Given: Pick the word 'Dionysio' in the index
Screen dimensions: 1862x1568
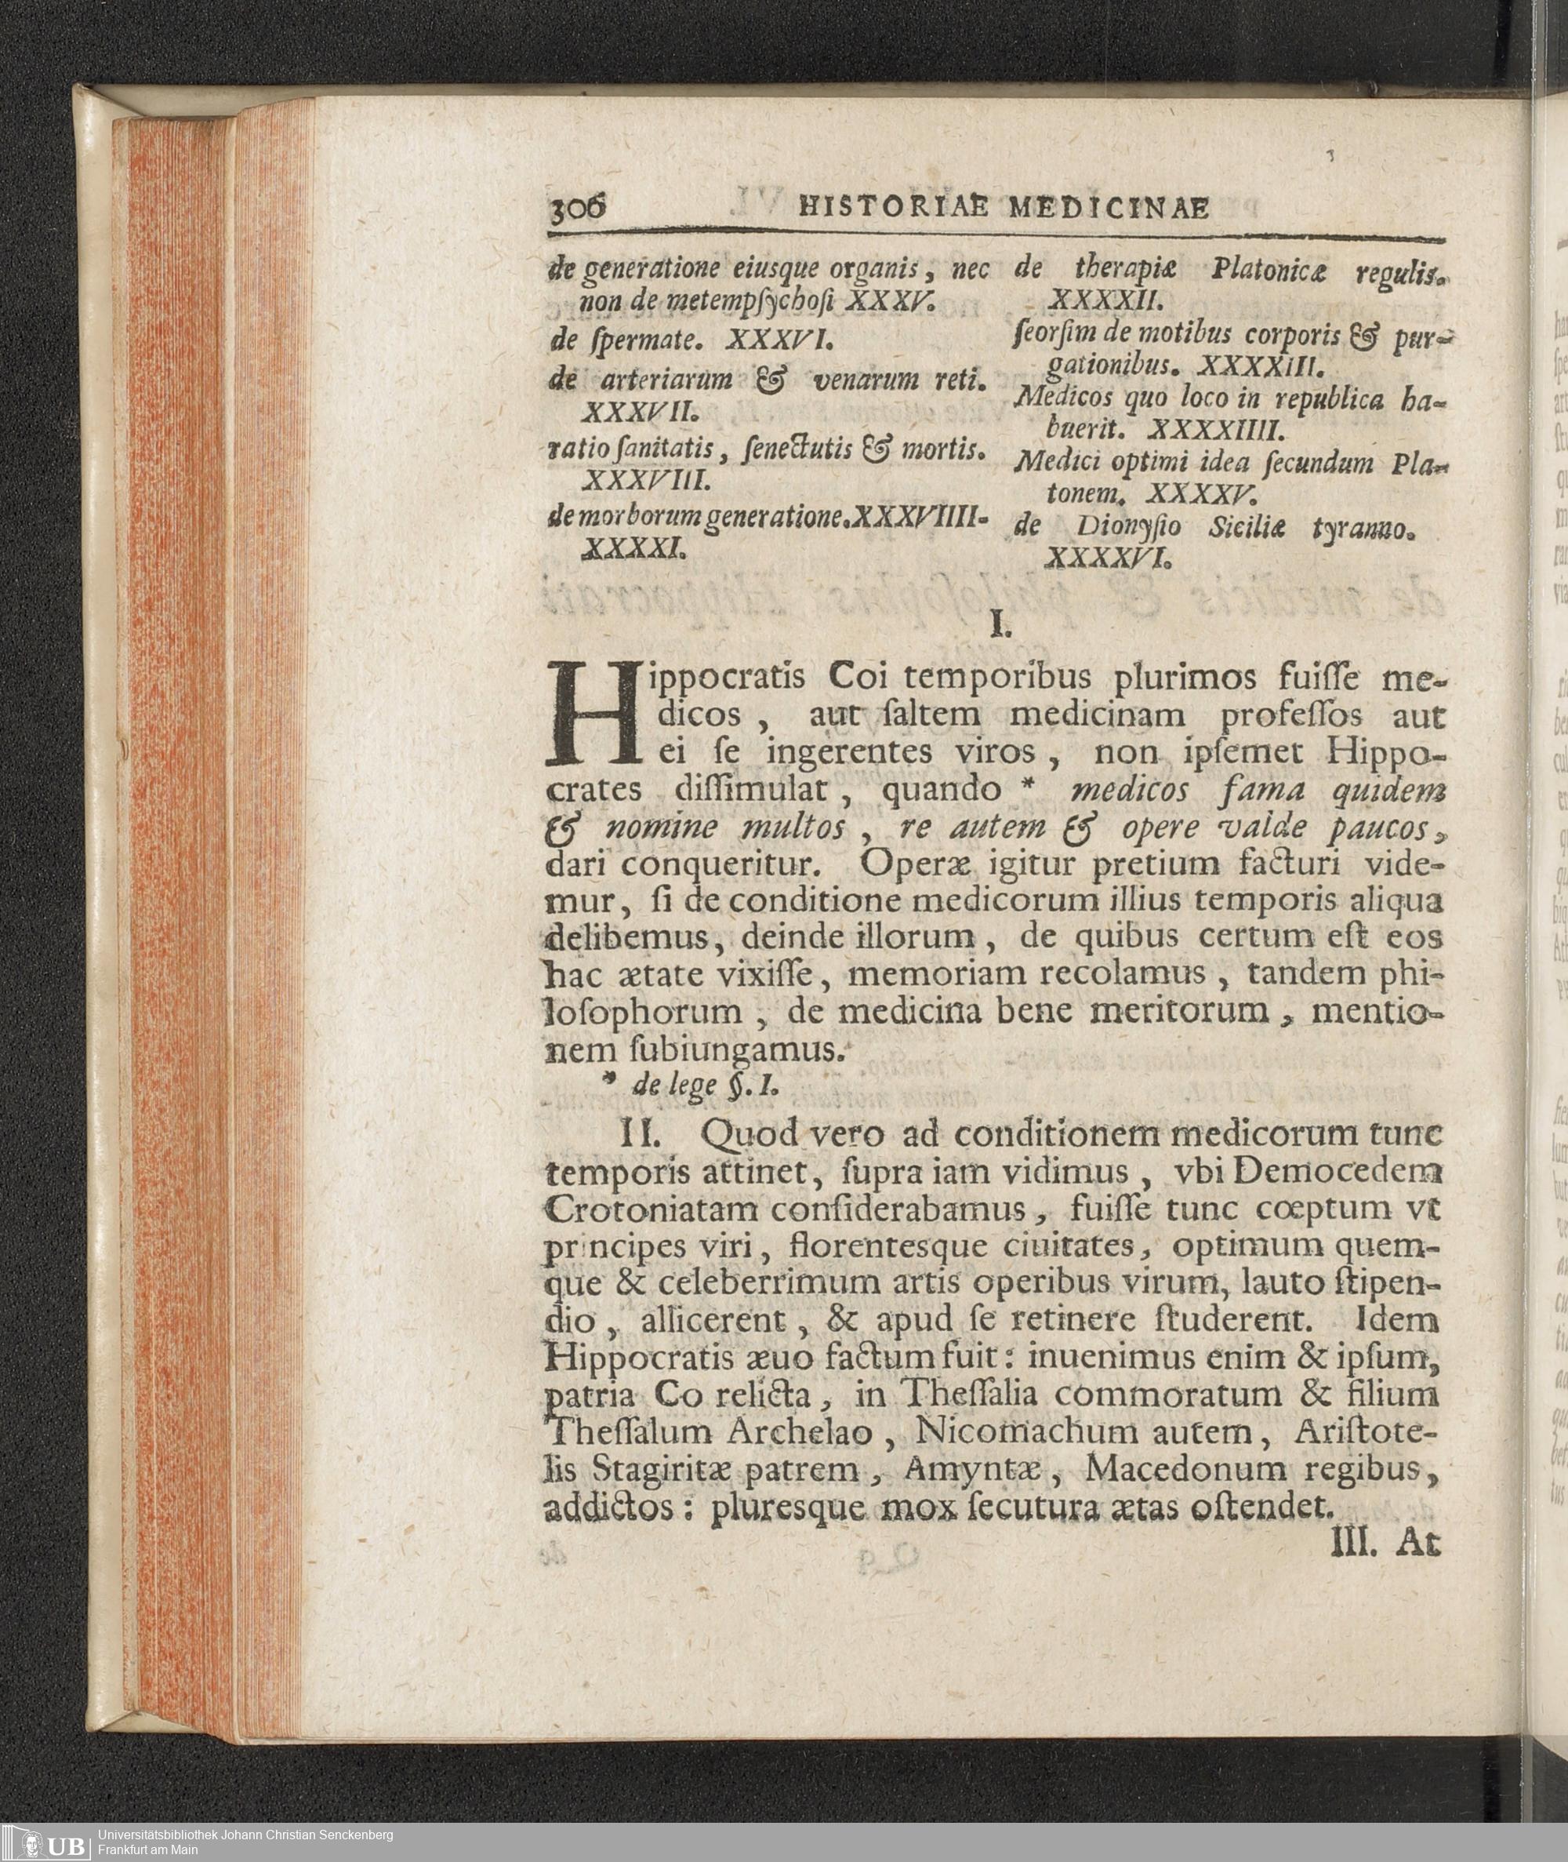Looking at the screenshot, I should pos(1128,527).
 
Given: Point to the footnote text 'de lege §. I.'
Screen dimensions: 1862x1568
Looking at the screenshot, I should pos(690,1086).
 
